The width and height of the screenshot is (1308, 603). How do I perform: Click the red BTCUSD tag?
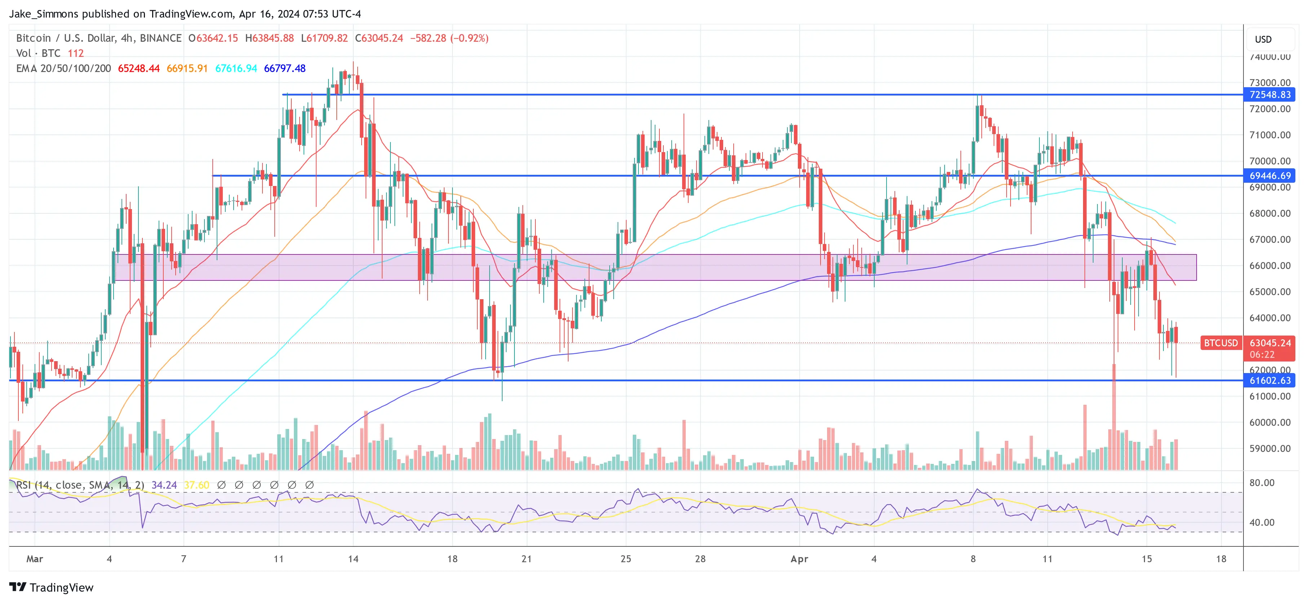click(1221, 343)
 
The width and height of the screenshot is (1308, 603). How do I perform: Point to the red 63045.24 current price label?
click(1269, 343)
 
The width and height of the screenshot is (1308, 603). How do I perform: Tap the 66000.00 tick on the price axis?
click(1269, 266)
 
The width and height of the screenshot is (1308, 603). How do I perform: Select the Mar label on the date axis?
click(35, 559)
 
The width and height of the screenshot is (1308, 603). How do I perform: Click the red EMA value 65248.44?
click(138, 68)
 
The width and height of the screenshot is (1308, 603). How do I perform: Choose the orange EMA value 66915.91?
click(187, 68)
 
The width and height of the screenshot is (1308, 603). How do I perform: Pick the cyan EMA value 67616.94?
click(236, 68)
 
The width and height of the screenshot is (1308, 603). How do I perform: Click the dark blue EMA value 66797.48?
click(284, 68)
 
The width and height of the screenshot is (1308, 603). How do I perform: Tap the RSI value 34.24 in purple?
click(164, 485)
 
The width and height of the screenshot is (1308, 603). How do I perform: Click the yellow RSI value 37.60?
click(196, 485)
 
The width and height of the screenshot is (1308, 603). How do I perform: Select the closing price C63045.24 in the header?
click(379, 38)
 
